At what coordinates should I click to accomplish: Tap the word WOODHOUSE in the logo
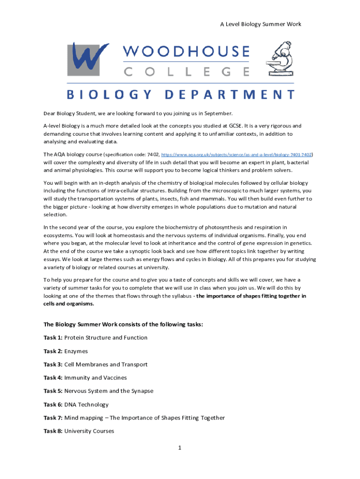pyautogui.click(x=186, y=51)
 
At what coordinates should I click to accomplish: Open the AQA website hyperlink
pyautogui.click(x=236, y=154)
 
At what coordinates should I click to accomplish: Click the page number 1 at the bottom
pyautogui.click(x=179, y=448)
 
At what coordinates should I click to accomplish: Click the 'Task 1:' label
pyautogui.click(x=53, y=338)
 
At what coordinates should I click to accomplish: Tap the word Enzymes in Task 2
pyautogui.click(x=76, y=351)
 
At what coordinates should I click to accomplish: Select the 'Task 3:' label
pyautogui.click(x=53, y=364)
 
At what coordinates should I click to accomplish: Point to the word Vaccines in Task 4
pyautogui.click(x=115, y=377)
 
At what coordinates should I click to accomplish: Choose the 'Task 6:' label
pyautogui.click(x=53, y=404)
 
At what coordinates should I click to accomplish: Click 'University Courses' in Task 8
pyautogui.click(x=89, y=431)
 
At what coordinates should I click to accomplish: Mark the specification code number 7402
pyautogui.click(x=153, y=154)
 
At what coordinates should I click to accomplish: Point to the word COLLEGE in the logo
pyautogui.click(x=186, y=72)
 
